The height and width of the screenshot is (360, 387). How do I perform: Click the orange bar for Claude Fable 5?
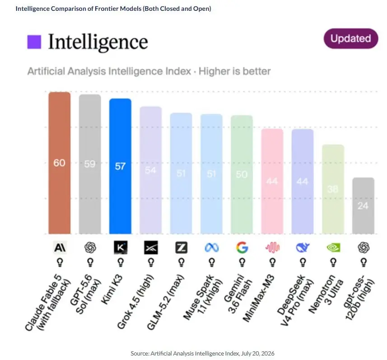[x=60, y=163]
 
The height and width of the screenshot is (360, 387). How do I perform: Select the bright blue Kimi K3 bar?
[x=120, y=166]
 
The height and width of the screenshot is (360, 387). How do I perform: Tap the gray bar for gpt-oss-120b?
[x=363, y=205]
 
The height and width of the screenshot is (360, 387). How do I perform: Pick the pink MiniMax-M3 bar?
[x=272, y=181]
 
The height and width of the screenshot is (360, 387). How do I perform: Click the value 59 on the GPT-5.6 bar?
[x=90, y=164]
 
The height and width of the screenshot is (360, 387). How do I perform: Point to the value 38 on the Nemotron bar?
[x=333, y=189]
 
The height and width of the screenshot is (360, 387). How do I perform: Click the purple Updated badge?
[x=351, y=38]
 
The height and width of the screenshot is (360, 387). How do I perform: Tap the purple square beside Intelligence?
[x=34, y=42]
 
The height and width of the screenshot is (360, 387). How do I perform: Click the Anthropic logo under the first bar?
[x=60, y=247]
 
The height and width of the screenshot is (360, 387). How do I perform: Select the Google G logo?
[x=242, y=247]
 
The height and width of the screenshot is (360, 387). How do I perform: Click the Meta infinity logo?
[x=211, y=248]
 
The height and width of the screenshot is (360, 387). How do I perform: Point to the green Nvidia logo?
[x=333, y=247]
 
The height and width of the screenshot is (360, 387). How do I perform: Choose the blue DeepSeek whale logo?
[x=303, y=247]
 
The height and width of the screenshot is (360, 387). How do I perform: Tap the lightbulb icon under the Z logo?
[x=181, y=263]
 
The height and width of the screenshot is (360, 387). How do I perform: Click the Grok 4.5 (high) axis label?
[x=135, y=302]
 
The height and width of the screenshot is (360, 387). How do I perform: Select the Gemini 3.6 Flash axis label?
[x=238, y=293]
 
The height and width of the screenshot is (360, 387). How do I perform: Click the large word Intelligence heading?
[x=98, y=42]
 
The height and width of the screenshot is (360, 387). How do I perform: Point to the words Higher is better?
[x=235, y=71]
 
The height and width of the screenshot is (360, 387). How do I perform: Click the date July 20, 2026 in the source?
[x=258, y=353]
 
